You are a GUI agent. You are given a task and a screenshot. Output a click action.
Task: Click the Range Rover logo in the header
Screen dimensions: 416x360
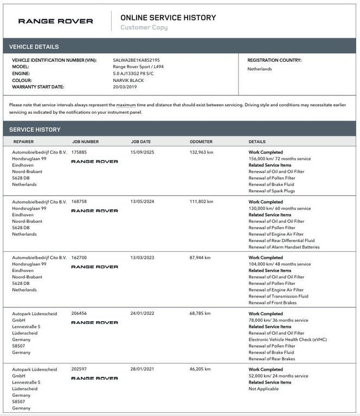click(x=55, y=21)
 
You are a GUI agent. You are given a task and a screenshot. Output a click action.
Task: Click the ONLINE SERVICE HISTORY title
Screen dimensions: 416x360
click(x=168, y=17)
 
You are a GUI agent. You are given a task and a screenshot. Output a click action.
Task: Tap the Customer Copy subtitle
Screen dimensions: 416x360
click(x=144, y=28)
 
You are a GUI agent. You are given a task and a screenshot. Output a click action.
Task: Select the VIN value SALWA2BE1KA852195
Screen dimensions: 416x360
click(x=136, y=60)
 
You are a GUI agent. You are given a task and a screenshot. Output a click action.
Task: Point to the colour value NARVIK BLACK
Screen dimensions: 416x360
click(x=128, y=80)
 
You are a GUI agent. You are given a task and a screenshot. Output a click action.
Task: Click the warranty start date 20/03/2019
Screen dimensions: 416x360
click(x=125, y=87)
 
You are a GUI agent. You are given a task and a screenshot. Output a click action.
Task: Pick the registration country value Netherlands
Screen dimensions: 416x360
click(x=260, y=69)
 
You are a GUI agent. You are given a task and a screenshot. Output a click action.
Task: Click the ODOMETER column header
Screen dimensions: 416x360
click(x=201, y=142)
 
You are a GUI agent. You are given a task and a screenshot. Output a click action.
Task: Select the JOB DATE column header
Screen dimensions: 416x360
click(x=141, y=142)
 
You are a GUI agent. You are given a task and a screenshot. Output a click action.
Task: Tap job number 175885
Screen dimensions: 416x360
click(x=79, y=152)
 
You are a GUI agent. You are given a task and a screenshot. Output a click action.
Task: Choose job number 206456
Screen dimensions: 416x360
click(x=79, y=314)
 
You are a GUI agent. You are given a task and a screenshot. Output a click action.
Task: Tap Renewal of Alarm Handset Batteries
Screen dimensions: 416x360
click(x=284, y=247)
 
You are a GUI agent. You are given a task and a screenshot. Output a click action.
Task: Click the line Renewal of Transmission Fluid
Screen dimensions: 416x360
click(x=278, y=296)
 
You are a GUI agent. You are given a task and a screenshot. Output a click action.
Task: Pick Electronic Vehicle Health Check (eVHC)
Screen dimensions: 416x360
click(x=288, y=340)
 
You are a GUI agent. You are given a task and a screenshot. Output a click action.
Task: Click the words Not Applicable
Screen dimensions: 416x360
click(x=263, y=389)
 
